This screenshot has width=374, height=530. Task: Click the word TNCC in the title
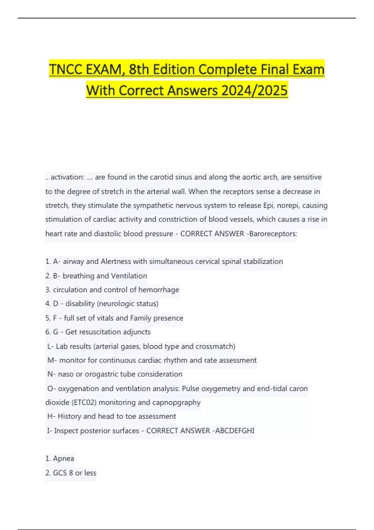(x=66, y=69)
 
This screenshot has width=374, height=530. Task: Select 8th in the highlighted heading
(x=139, y=69)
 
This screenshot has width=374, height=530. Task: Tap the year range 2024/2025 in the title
(x=254, y=90)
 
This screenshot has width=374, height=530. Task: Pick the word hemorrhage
(x=159, y=290)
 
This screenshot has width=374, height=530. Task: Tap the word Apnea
(x=64, y=458)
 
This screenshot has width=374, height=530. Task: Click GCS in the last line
(x=60, y=473)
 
